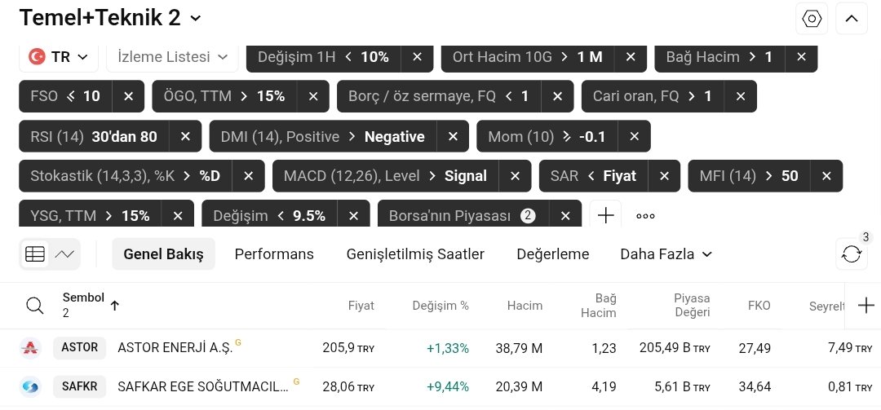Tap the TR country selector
tap(59, 57)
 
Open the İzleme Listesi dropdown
tap(172, 57)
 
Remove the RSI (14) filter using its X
tap(185, 136)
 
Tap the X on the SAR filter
tap(664, 175)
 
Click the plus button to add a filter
tap(605, 215)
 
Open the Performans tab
tap(274, 254)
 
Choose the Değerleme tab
tap(552, 254)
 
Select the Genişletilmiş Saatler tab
tap(415, 254)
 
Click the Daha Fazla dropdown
tap(666, 254)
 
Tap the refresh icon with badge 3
tap(851, 254)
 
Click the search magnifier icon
tap(34, 306)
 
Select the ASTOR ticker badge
tap(80, 348)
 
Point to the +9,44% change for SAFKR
tap(447, 387)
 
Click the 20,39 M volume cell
tap(519, 387)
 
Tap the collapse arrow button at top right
tap(851, 19)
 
